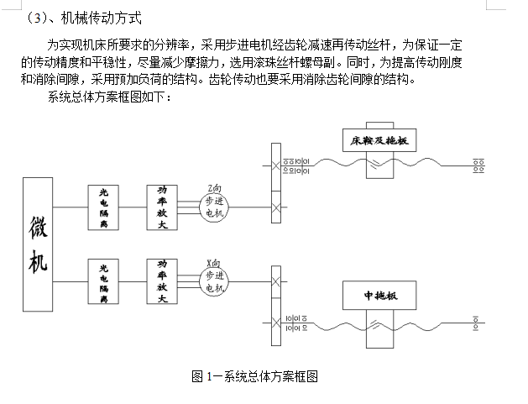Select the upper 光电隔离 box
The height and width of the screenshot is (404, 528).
(103, 207)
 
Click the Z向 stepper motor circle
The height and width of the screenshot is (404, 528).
(214, 207)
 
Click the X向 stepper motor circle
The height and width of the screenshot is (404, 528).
(214, 281)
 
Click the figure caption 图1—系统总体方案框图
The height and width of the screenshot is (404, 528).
(255, 376)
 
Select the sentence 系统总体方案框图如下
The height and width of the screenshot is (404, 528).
(110, 99)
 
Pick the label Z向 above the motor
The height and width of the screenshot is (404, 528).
(215, 186)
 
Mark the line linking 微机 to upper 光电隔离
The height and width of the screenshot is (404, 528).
(71, 207)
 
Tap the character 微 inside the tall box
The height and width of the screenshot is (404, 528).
(39, 227)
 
